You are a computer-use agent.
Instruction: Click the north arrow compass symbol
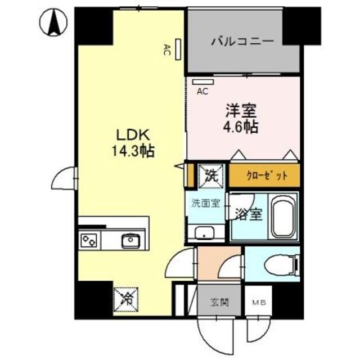[x=54, y=22]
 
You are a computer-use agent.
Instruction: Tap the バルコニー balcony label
[x=242, y=41]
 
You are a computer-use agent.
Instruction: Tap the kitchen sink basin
[x=131, y=240]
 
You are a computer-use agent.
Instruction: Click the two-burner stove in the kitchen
[x=89, y=241]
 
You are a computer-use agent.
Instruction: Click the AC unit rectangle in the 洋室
[x=200, y=82]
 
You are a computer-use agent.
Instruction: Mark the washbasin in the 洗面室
[x=204, y=233]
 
